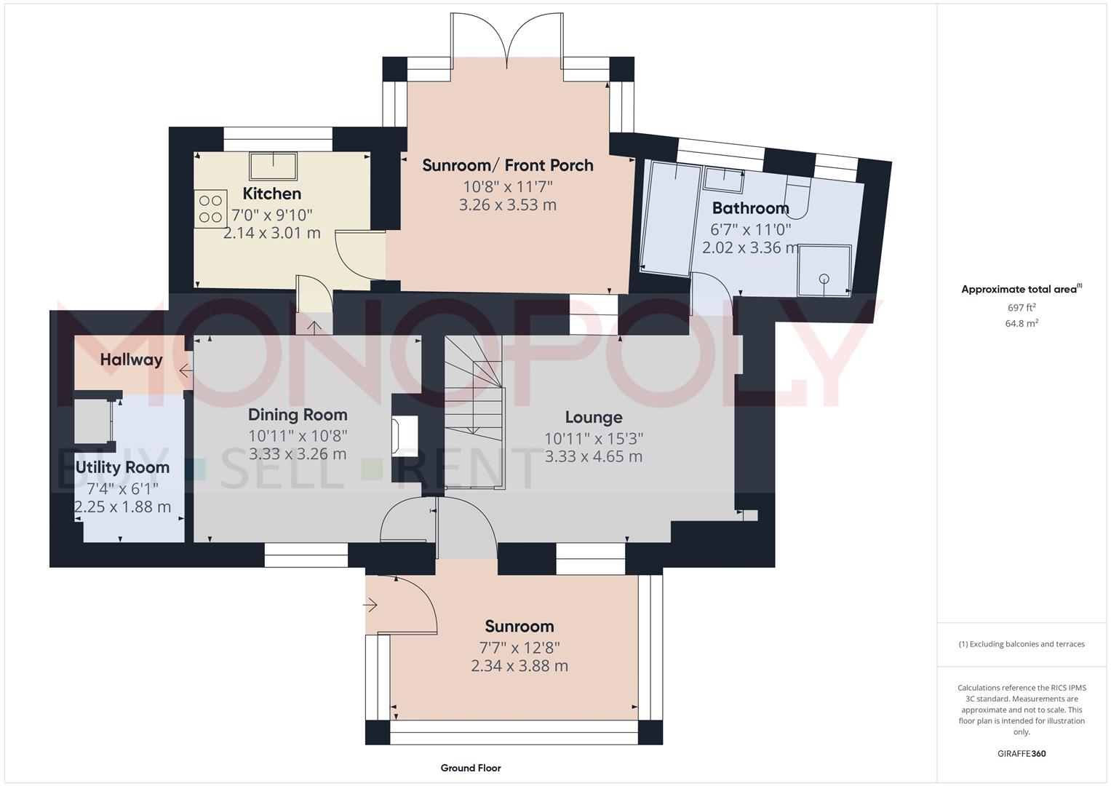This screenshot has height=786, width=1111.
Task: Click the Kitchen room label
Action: coord(271,194)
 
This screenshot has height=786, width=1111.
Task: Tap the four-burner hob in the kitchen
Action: coord(210,209)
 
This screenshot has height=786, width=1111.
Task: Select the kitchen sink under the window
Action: coord(273,166)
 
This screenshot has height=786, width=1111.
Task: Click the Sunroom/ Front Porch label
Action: coord(507,165)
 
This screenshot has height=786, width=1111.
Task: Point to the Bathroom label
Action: coord(750,208)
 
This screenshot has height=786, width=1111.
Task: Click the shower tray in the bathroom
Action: coord(824,271)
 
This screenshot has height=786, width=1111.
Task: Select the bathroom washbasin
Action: coord(723,177)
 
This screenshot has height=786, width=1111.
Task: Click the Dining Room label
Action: coord(298,415)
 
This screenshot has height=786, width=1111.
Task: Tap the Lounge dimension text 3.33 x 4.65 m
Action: coord(593,457)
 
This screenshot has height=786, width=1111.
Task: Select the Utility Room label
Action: coord(122,467)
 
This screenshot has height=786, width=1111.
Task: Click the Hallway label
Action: coord(131,360)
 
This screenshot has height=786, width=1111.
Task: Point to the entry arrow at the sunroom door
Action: coord(370,604)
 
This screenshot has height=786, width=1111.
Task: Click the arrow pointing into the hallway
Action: coord(186,372)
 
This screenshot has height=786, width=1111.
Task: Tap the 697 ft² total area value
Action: coord(1022,308)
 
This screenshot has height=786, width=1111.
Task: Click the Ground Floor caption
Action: coord(470,768)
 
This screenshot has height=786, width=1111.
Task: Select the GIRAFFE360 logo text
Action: coord(1021,753)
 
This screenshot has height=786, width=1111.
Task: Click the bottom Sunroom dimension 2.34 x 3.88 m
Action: coord(519,666)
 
